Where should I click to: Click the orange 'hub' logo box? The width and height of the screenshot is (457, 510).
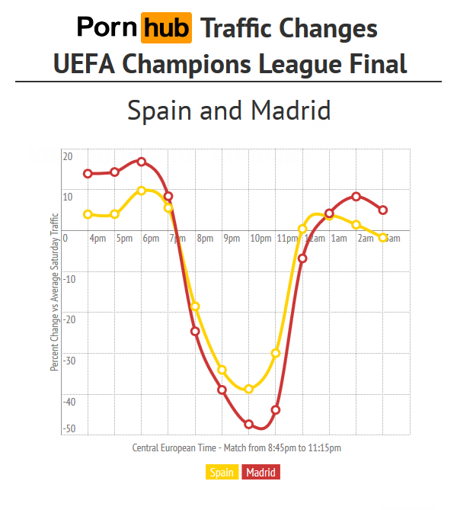click(166, 28)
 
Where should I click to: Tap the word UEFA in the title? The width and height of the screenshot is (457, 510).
click(85, 64)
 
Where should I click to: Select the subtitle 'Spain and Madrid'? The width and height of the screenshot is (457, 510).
click(228, 111)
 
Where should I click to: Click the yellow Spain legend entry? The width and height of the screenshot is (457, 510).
click(222, 473)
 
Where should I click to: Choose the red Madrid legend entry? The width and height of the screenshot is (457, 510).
click(261, 473)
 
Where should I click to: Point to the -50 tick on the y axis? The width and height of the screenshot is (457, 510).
click(69, 429)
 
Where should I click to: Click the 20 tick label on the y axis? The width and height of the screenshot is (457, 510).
click(68, 157)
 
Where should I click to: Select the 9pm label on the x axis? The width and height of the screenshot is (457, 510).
click(232, 239)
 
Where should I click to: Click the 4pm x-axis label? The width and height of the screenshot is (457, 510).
click(97, 239)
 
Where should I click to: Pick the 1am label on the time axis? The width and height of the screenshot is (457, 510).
click(339, 239)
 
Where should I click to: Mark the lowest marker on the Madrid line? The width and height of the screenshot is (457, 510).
click(249, 424)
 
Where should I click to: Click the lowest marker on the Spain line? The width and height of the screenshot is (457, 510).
click(249, 389)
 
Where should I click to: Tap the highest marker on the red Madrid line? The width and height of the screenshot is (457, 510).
click(142, 162)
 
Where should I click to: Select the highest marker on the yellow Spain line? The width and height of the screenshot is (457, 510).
click(142, 191)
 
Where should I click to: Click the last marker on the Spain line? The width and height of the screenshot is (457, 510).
click(383, 238)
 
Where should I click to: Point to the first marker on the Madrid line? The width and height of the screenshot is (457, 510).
click(88, 174)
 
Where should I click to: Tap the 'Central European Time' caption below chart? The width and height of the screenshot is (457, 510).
click(236, 448)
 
